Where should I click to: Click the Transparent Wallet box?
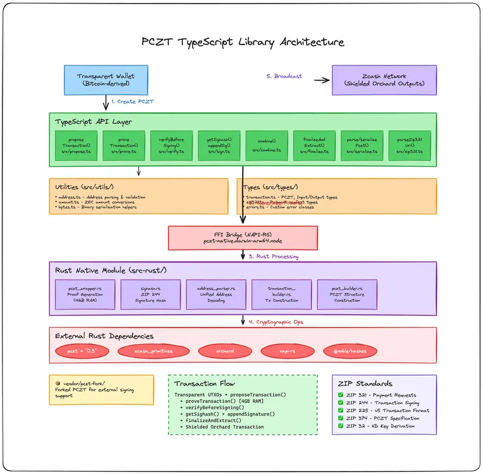pyautogui.click(x=105, y=80)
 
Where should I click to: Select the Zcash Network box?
pyautogui.click(x=384, y=80)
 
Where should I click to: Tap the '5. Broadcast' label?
pyautogui.click(x=284, y=77)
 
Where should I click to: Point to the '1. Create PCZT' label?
pyautogui.click(x=132, y=102)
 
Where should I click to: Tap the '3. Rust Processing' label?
pyautogui.click(x=273, y=256)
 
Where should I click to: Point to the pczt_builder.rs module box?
pyautogui.click(x=347, y=295)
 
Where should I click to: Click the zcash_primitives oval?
pyautogui.click(x=146, y=351)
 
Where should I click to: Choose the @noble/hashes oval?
pyautogui.click(x=350, y=351)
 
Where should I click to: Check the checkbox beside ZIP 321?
pyautogui.click(x=341, y=395)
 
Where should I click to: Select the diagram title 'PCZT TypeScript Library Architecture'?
pyautogui.click(x=243, y=42)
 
